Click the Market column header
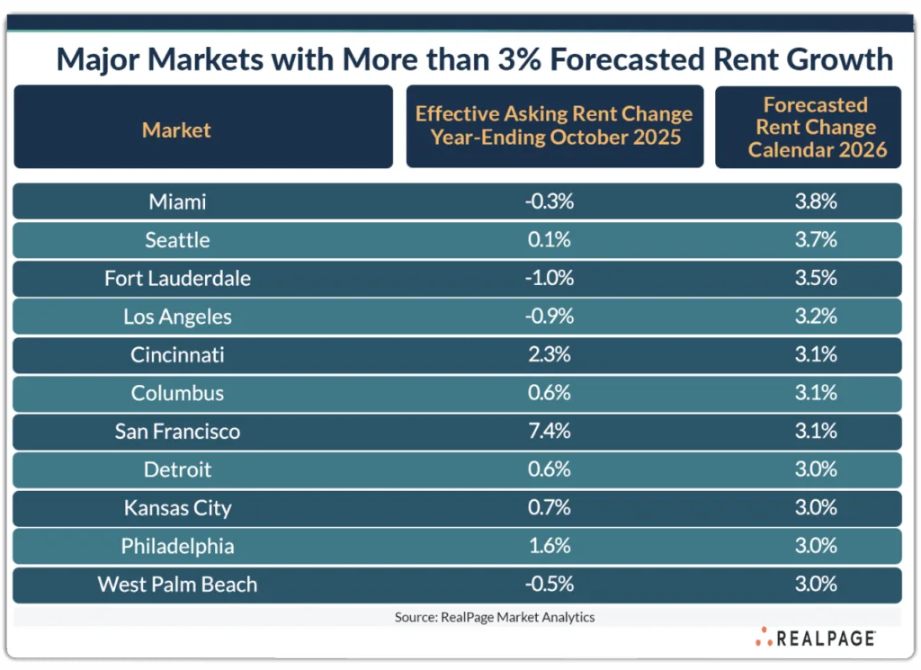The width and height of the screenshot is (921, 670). point(176,130)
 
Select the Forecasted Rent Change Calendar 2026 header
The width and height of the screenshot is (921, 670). point(816,128)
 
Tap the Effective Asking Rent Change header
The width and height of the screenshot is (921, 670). point(554,126)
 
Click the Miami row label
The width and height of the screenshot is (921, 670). point(177,201)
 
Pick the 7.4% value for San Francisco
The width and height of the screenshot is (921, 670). point(549,431)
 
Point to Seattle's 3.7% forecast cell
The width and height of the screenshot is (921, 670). point(816,240)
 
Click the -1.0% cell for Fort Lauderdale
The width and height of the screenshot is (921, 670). point(549,278)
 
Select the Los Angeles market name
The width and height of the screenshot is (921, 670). point(177,317)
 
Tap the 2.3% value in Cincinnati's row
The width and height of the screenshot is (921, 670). point(549,354)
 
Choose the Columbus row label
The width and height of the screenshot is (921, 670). point(177,393)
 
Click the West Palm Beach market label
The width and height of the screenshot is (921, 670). point(177,584)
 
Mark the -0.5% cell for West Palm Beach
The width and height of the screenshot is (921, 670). point(549,584)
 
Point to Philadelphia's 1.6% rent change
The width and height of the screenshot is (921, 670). point(549,546)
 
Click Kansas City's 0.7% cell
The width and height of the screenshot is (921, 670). point(549,507)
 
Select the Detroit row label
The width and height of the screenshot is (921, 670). point(177,469)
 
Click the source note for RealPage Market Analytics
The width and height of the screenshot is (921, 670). point(495,617)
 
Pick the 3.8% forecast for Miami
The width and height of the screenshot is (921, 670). point(816,201)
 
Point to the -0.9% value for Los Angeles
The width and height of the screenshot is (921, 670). point(549,317)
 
